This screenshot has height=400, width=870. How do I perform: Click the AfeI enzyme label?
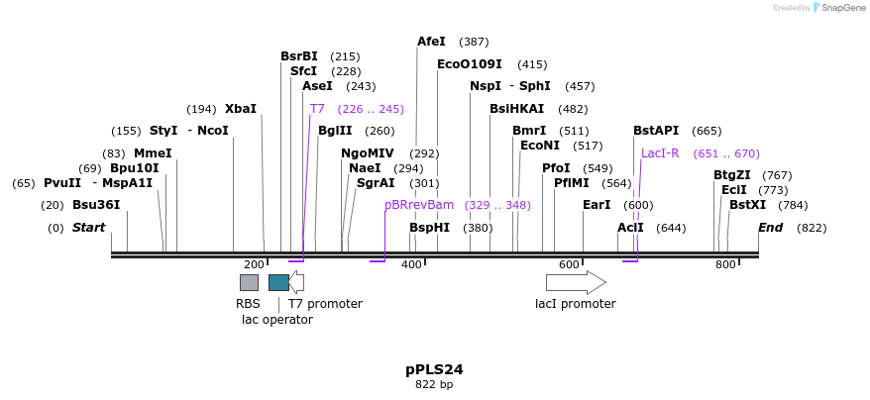tap(431, 42)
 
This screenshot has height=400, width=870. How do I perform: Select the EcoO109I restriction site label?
tap(469, 64)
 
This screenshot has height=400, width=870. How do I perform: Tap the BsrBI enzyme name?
tap(299, 56)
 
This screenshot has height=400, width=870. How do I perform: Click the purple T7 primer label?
tap(317, 109)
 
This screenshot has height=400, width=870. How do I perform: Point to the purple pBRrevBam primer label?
tap(419, 205)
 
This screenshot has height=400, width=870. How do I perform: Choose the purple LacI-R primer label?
tap(660, 153)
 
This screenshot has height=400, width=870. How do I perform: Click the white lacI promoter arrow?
tap(576, 283)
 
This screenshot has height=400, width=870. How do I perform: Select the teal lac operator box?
tap(278, 283)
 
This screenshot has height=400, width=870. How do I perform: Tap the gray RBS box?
tap(249, 283)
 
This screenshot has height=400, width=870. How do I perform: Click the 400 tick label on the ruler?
tap(411, 264)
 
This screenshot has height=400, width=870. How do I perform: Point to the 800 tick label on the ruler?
tap(726, 264)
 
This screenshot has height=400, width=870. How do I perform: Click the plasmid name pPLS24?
tap(434, 369)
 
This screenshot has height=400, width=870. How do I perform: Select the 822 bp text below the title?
tap(434, 384)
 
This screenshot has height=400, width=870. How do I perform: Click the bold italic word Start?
tap(88, 228)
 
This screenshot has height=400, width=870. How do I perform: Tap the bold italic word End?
tap(771, 228)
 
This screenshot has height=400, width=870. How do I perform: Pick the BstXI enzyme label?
tap(747, 205)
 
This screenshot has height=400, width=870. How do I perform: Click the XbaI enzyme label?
tap(240, 109)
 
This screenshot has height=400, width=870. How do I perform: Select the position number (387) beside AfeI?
tap(474, 42)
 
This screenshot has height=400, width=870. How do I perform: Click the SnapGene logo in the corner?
tap(838, 8)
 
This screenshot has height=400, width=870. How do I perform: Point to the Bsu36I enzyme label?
tap(96, 205)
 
